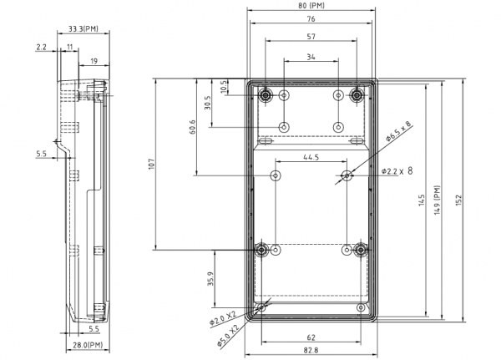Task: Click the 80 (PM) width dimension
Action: coord(311,6)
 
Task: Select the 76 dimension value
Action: coord(311,19)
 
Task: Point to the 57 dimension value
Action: coord(311,37)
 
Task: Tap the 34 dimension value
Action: coord(311,57)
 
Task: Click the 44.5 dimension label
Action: coord(311,157)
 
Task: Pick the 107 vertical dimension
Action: coord(152,164)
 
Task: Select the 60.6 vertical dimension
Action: coord(192,127)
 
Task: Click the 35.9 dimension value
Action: coord(210,279)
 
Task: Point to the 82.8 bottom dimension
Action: coord(311,350)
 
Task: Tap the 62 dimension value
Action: coord(311,337)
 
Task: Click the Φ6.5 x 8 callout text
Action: coord(398,131)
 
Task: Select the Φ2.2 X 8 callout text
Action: coord(397,171)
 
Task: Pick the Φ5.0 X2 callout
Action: coord(228,336)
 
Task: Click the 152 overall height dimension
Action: coord(458,200)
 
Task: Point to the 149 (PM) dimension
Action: coord(438,200)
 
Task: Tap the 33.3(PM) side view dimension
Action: coord(83,28)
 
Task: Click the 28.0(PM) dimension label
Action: coord(88,345)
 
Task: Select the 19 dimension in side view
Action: coord(94,61)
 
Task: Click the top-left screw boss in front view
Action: coord(266,95)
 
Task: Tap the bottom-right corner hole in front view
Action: coord(361,308)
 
